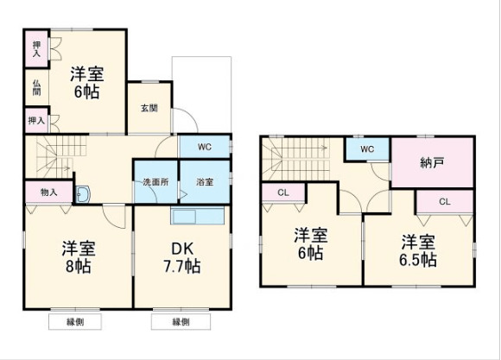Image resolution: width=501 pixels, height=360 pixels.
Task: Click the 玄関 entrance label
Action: point(149,108)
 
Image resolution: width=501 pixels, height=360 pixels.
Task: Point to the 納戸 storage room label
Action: point(433,161)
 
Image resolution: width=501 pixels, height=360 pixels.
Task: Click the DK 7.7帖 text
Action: point(181,256)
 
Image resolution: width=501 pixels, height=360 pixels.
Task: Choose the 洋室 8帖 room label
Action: point(78,256)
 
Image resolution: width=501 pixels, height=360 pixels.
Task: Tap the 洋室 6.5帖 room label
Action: point(418,250)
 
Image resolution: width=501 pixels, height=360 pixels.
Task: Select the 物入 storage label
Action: point(48,192)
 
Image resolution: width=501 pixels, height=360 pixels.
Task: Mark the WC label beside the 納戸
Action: point(367,148)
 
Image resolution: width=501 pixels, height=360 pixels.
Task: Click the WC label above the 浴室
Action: point(205,147)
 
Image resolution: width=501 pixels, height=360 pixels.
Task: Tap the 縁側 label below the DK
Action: point(181,322)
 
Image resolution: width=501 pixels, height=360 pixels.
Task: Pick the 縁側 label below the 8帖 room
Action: point(73,322)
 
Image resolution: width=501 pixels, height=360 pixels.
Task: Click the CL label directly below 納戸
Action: point(444,201)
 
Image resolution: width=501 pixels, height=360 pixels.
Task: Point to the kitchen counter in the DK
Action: point(199,215)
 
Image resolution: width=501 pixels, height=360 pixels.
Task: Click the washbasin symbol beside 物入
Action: point(83,193)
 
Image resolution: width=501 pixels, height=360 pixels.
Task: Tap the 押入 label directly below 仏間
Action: point(36,121)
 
